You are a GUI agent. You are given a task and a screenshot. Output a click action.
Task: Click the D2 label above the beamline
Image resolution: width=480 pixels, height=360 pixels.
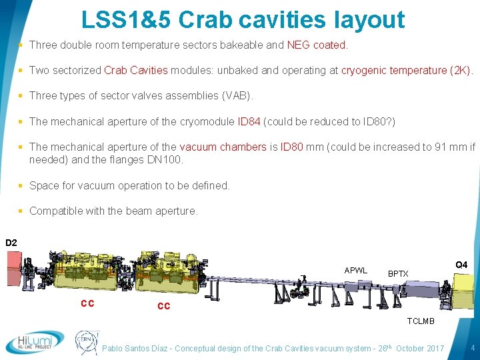click(11, 243)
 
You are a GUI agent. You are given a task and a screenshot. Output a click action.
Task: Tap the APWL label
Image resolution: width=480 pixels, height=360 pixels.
click(355, 270)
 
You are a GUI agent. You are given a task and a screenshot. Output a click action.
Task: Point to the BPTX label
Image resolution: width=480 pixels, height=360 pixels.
click(398, 273)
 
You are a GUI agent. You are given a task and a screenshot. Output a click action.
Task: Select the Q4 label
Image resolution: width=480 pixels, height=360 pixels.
click(461, 265)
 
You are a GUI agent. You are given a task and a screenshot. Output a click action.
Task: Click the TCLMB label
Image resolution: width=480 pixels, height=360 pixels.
click(421, 321)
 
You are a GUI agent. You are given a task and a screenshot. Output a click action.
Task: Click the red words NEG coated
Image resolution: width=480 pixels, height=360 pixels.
click(317, 45)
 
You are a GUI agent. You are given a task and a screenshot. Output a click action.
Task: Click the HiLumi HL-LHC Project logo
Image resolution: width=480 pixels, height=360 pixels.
click(35, 342)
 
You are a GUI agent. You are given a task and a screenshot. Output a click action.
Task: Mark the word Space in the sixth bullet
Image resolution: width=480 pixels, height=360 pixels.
click(43, 185)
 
